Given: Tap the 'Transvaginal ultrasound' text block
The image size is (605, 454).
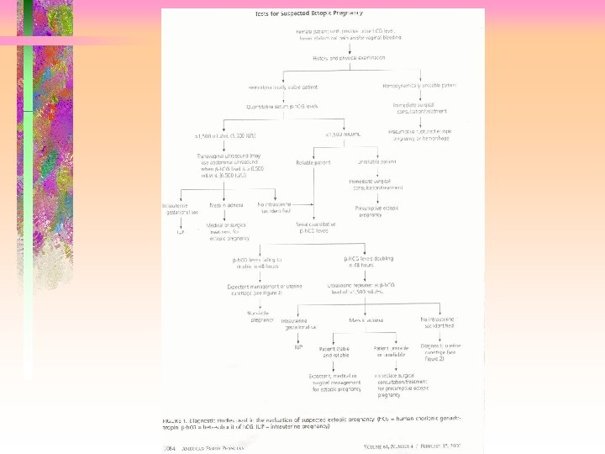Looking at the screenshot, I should pyautogui.click(x=219, y=171).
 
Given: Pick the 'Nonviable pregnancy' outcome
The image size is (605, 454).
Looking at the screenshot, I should pyautogui.click(x=263, y=316).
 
